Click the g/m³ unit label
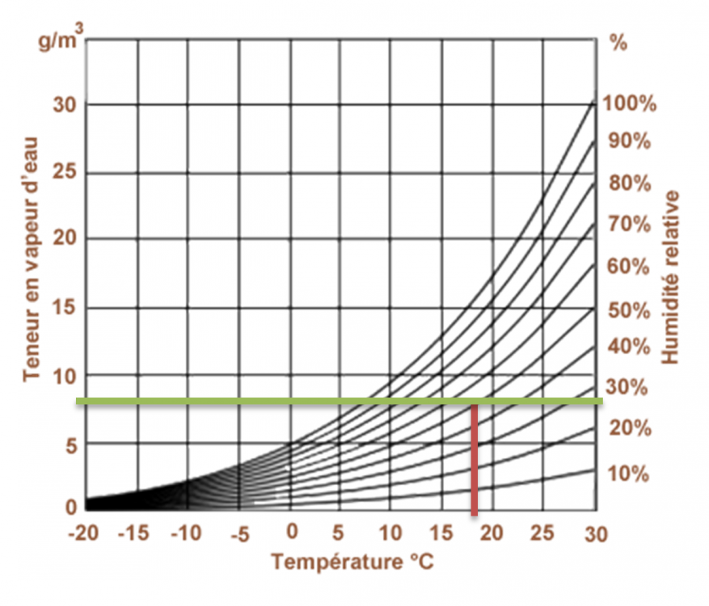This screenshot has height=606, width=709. (x=57, y=40)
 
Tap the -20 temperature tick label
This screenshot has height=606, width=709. (x=85, y=533)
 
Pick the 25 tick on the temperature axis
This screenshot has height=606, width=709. (x=543, y=533)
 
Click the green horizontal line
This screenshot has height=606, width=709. (x=340, y=401)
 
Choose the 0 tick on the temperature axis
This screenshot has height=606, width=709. (x=293, y=532)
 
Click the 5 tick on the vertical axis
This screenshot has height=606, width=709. (x=70, y=444)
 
